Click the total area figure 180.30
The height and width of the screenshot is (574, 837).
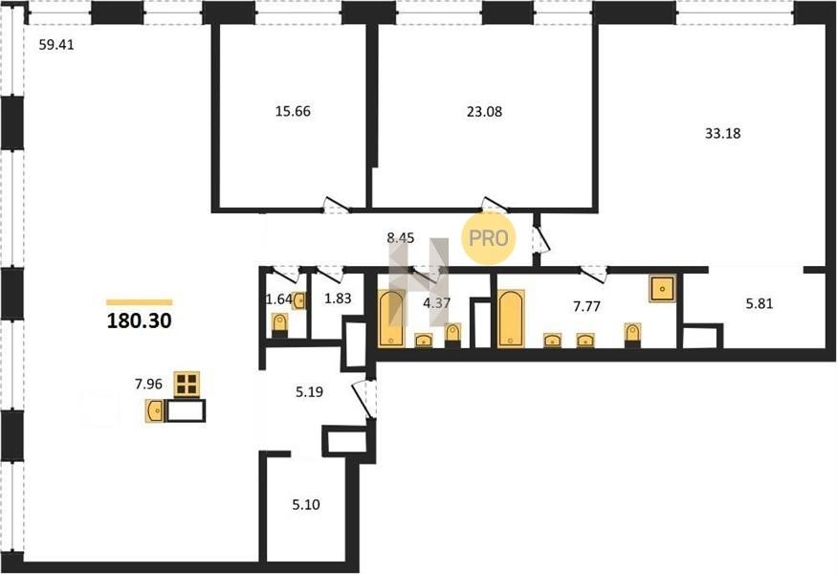coord(140,320)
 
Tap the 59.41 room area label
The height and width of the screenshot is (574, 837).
coord(56,45)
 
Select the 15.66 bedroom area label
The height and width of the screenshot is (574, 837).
coord(293,112)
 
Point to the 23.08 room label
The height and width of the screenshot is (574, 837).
coord(485,112)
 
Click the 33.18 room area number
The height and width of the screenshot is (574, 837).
coord(723,134)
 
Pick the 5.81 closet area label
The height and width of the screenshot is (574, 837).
coord(760,304)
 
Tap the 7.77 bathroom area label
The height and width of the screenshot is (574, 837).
coord(586,306)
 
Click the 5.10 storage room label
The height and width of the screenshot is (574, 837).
coord(306,504)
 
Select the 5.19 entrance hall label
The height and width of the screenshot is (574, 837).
coord(309,392)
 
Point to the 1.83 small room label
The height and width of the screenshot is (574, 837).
coord(338,298)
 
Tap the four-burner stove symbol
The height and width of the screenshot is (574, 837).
coord(187,384)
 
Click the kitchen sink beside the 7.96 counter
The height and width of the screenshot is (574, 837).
coord(155,411)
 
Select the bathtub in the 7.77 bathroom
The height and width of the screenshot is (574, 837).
coord(511,319)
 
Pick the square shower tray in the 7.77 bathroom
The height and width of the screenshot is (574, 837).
coord(663,288)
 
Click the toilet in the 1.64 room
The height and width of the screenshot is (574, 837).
coord(279,325)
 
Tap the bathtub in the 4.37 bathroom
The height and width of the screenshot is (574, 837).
coord(391,319)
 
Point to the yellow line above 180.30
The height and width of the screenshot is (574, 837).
coord(140,302)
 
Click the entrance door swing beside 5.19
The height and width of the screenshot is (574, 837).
coord(364,398)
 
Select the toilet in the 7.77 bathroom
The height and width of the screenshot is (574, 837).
coord(632,336)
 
